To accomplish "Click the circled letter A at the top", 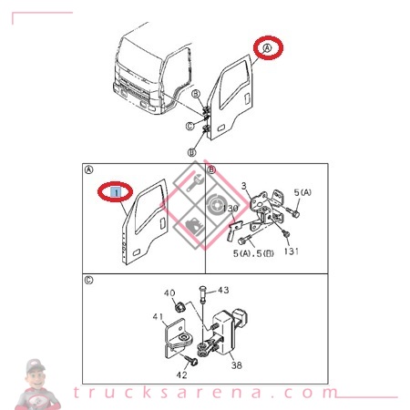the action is [x=267, y=48].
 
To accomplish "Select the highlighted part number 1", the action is [x=116, y=192].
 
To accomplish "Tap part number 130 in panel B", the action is [x=231, y=209].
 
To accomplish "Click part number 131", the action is [x=292, y=251].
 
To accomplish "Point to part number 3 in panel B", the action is [x=244, y=186].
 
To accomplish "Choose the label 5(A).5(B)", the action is [x=253, y=253].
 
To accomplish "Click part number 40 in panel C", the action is [x=169, y=293].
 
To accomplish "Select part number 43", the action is [x=223, y=290].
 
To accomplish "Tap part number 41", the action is [x=159, y=317].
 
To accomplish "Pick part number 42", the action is [x=181, y=375].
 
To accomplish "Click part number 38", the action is [x=237, y=365].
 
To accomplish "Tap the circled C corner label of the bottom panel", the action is [x=88, y=280].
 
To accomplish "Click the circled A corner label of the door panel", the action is [x=88, y=170].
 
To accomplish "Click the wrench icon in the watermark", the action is [x=192, y=183].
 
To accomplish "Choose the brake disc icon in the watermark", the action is [x=216, y=204].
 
